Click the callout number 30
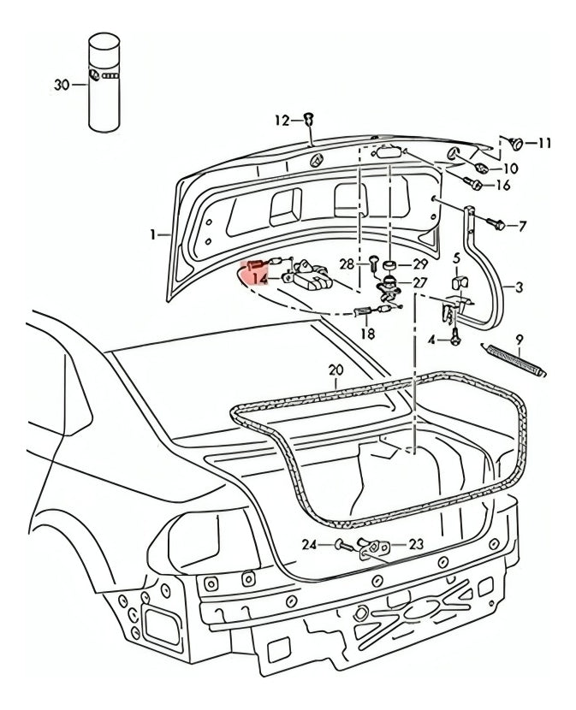(x=60, y=83)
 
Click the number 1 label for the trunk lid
(x=153, y=234)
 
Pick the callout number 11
(x=544, y=144)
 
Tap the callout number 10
(x=510, y=169)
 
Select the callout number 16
(x=502, y=186)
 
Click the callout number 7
(x=523, y=227)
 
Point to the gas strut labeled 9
(x=516, y=358)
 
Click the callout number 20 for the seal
(x=335, y=370)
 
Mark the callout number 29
(x=419, y=264)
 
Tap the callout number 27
(x=419, y=282)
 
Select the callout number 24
(x=310, y=544)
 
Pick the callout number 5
(x=456, y=257)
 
